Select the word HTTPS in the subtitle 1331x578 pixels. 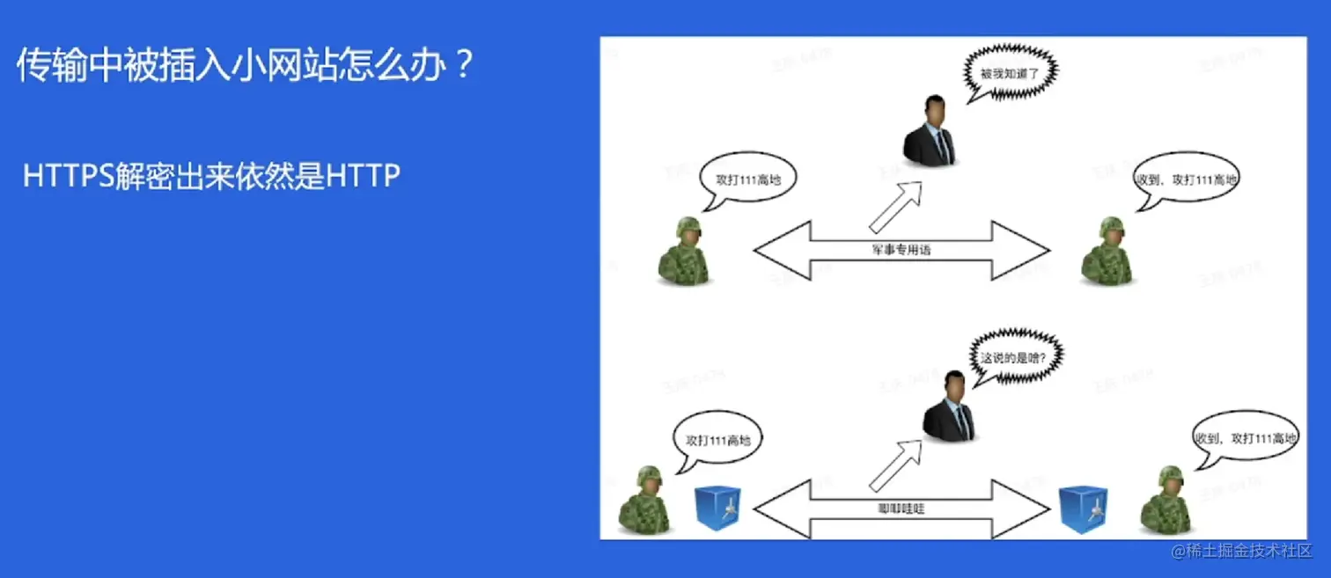click(x=68, y=176)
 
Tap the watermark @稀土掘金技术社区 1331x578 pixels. click(x=1242, y=552)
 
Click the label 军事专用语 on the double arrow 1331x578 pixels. click(x=901, y=250)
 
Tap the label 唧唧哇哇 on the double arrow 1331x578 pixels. click(x=901, y=508)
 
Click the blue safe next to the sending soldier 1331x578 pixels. click(x=717, y=509)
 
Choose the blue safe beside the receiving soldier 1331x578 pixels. click(x=1083, y=509)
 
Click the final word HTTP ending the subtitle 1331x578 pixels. click(x=363, y=176)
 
